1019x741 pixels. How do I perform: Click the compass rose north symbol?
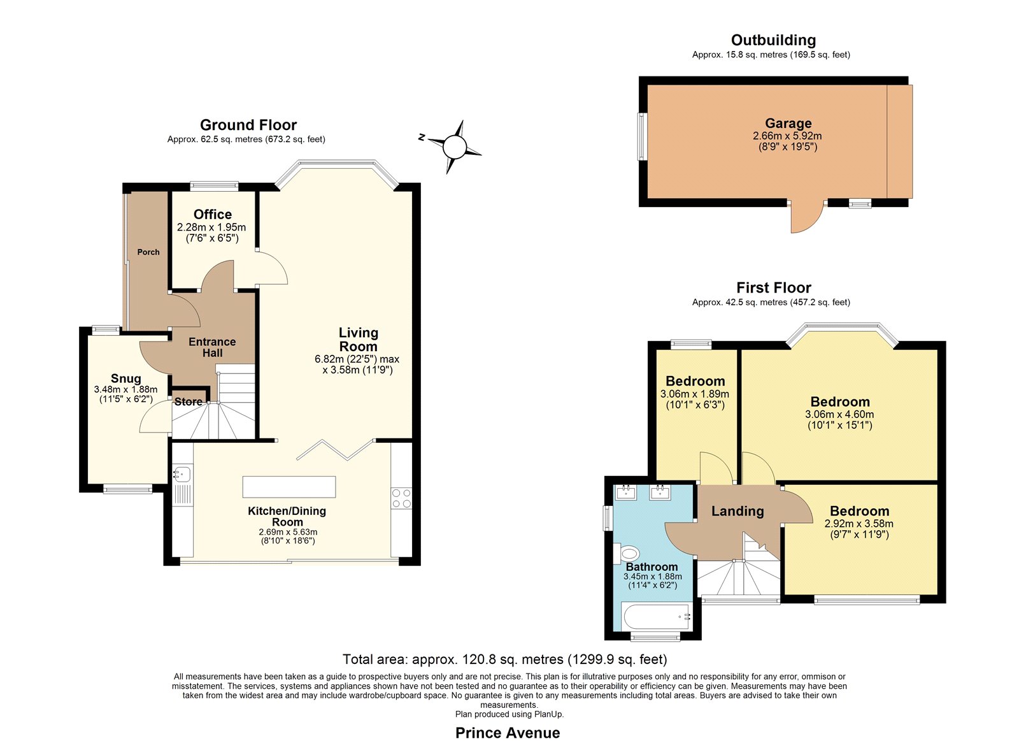click(422, 137)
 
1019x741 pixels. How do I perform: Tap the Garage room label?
click(788, 124)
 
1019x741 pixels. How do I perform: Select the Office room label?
click(213, 214)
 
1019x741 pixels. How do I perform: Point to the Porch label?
click(148, 252)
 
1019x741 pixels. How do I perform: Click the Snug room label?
click(126, 378)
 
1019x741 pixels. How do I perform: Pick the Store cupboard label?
click(189, 402)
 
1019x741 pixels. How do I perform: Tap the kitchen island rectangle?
click(289, 487)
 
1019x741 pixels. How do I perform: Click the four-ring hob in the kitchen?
click(401, 498)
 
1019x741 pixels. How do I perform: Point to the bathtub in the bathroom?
click(657, 617)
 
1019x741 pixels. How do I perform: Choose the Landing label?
click(738, 512)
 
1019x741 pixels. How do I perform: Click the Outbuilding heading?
click(773, 40)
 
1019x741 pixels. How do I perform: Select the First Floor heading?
click(773, 287)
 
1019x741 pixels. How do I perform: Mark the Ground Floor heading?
click(248, 125)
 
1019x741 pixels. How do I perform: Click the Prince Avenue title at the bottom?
click(508, 721)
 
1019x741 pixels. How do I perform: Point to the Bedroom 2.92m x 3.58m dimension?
click(859, 524)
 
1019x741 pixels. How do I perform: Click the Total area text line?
click(505, 659)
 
